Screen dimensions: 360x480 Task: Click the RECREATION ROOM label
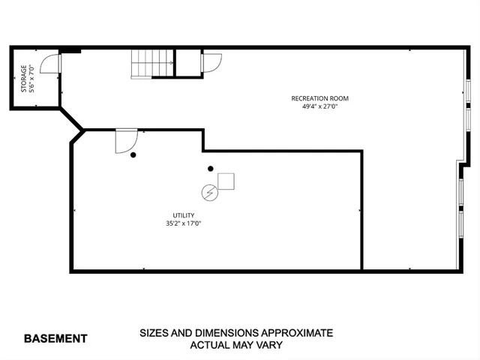tap(319, 98)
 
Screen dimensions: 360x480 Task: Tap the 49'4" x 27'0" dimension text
tap(319, 106)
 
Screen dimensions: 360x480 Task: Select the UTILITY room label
tap(184, 215)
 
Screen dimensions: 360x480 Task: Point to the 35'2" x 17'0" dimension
tap(184, 223)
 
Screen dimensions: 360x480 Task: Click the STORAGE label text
tap(23, 79)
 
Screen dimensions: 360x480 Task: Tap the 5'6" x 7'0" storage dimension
tap(32, 79)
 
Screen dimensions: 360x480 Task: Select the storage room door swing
tap(50, 64)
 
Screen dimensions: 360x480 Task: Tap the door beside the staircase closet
tap(211, 62)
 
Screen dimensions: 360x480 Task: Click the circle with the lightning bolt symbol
tap(210, 193)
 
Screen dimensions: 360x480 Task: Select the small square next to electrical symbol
tap(226, 181)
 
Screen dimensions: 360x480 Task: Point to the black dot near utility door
tap(133, 155)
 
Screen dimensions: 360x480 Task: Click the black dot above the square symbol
tap(211, 169)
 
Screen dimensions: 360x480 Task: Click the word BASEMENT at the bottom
tap(55, 338)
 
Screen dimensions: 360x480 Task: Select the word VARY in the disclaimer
tap(267, 346)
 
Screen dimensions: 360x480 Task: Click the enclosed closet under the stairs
tap(187, 63)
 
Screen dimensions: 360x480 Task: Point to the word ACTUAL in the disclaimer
tap(209, 346)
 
